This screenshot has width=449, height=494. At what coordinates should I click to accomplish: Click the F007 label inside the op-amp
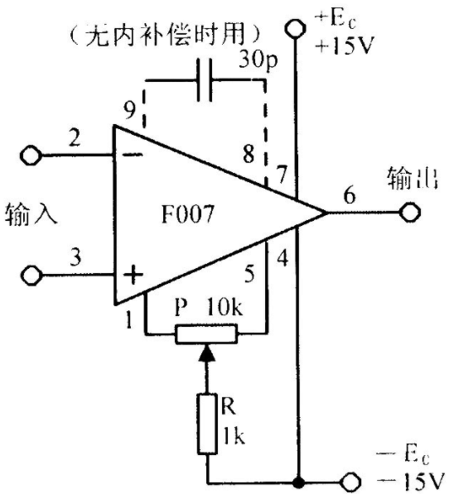click(188, 214)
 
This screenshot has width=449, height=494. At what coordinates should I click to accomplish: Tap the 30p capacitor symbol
click(205, 80)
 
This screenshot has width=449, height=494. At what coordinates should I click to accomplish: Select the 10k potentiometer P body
click(206, 333)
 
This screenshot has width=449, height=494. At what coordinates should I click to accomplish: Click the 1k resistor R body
click(207, 424)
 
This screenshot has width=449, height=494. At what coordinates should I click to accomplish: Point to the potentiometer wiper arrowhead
click(207, 353)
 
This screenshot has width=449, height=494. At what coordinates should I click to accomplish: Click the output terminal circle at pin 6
click(410, 213)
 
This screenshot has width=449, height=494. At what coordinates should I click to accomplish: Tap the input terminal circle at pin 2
click(31, 156)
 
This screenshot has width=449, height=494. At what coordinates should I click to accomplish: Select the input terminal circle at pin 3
click(31, 276)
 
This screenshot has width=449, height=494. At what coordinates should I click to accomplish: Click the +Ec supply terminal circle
click(295, 28)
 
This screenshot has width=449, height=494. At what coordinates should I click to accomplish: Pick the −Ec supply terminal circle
click(350, 482)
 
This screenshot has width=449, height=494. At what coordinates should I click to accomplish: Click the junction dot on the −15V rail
click(298, 482)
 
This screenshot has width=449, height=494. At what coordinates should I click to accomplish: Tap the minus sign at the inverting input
click(133, 155)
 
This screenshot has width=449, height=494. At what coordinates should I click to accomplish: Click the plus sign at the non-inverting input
click(133, 275)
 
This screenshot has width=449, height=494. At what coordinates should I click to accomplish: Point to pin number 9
click(129, 110)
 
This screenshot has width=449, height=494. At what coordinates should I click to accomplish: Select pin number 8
click(249, 154)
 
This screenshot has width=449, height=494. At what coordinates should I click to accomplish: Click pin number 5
click(249, 273)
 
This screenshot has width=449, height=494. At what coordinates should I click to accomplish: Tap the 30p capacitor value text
click(258, 60)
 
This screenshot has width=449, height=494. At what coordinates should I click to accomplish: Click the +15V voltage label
click(345, 46)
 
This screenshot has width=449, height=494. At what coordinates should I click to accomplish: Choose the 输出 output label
click(413, 178)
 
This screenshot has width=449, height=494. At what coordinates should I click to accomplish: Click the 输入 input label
click(31, 214)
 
